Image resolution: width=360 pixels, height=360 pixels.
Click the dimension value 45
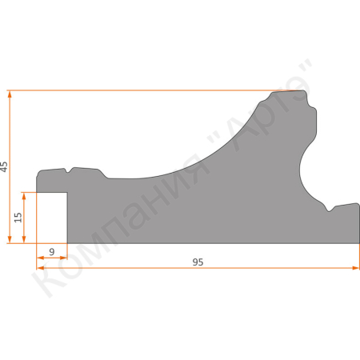coord(5,166)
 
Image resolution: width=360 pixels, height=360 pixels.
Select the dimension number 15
coord(18,217)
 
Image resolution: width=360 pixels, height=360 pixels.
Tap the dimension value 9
coord(52,253)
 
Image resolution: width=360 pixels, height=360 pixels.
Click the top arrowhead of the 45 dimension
coord(10,93)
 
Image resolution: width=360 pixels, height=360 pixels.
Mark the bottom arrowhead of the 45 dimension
coord(10,240)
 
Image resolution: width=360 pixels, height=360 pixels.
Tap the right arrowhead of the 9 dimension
coord(64,260)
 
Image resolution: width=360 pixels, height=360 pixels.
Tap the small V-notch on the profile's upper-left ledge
coord(70,170)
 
